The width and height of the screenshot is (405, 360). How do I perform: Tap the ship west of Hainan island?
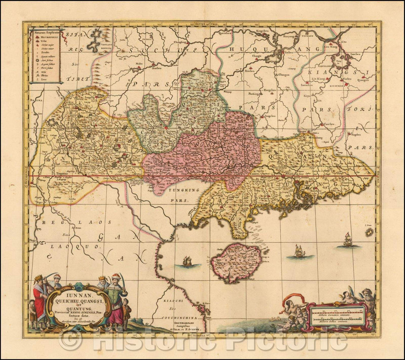coord(186,261)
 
